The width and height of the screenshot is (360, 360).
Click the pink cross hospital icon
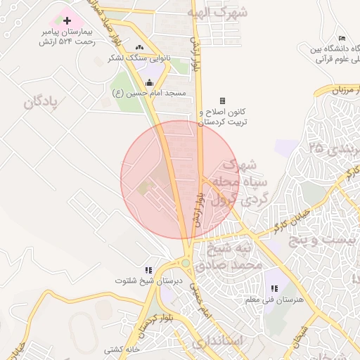pos(67,21)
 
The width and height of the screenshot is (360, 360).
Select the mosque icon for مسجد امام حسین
pos(149,83)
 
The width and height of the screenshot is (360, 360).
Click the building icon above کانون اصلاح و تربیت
pos(223,101)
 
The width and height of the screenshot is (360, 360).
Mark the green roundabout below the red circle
pos(186,263)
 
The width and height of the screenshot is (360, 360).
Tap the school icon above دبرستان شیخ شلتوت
pos(148,270)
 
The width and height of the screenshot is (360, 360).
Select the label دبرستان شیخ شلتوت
pos(149,281)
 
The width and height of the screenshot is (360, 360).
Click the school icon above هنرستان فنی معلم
pos(274,289)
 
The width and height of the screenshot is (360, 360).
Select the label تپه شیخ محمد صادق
pos(233,257)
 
